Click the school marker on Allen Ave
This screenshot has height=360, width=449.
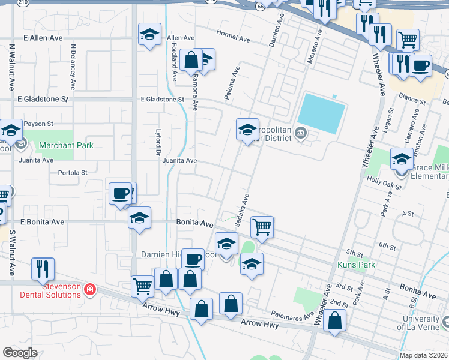149,35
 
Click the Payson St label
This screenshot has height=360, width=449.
42,124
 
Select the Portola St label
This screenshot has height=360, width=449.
73,173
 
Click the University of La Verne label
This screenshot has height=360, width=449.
421,323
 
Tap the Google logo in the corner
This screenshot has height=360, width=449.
20,352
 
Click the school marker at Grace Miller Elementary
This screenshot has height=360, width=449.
402,160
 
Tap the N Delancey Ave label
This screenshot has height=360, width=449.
73,63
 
